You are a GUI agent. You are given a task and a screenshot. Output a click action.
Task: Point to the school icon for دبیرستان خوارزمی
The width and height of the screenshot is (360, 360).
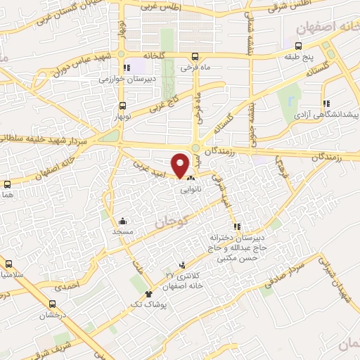(127, 68)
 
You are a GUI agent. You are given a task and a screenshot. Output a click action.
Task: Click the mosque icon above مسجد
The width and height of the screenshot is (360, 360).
(124, 220)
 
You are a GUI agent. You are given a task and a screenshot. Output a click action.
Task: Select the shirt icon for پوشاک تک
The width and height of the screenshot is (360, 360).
(148, 294)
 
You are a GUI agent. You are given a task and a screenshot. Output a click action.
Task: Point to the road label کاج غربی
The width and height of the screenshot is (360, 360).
(165, 103)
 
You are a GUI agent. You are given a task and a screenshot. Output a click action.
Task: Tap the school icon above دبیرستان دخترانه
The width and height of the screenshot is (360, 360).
(237, 226)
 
